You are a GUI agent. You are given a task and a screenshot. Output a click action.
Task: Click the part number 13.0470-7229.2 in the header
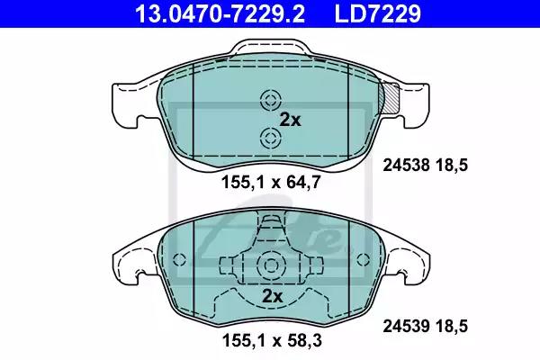220,13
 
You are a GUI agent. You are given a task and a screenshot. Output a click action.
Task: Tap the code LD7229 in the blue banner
377,13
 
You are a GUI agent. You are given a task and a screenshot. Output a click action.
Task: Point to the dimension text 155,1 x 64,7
272,182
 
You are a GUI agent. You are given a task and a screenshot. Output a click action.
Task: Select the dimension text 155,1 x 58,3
272,341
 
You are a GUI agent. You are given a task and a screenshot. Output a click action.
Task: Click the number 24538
407,166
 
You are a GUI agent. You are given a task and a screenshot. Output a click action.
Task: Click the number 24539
407,326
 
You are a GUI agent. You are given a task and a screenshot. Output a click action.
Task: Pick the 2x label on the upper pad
290,120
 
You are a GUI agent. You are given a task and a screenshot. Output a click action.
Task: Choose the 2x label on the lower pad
272,296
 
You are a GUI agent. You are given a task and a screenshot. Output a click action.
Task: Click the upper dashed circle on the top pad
271,101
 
